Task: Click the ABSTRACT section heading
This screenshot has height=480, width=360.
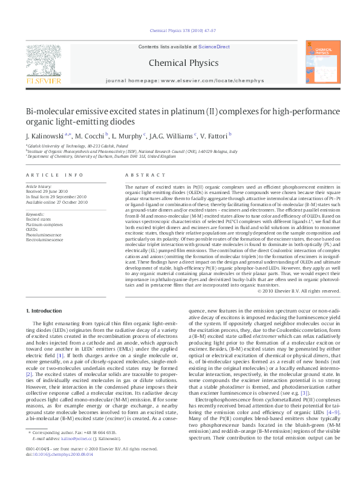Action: pos(136,175)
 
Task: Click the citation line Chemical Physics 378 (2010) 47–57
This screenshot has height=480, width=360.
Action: pos(180,30)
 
